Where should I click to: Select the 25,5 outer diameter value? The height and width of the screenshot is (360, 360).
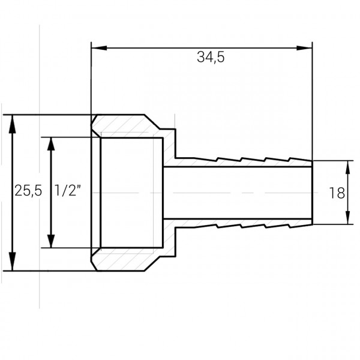[28, 192]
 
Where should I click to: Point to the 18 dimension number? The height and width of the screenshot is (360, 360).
[337, 193]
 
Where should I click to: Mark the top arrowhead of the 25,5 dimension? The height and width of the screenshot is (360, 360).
[11, 121]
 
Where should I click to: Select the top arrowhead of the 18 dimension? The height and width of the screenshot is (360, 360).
[348, 166]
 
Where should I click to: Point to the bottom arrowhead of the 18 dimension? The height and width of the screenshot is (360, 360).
[348, 219]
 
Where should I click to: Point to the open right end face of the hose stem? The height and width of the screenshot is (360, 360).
[311, 192]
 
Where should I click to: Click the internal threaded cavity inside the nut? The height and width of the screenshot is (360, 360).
[132, 192]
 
